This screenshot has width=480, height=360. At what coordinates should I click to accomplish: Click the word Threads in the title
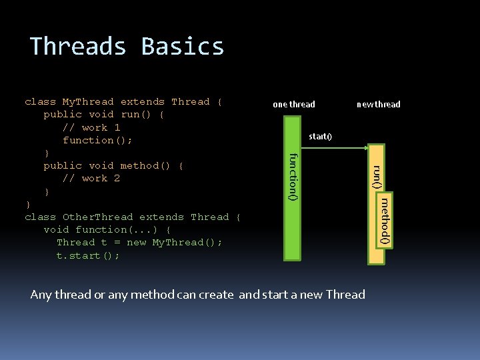(x=79, y=47)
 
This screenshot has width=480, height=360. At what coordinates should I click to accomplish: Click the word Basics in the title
(x=183, y=47)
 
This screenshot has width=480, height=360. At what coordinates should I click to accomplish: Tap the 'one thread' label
(x=293, y=104)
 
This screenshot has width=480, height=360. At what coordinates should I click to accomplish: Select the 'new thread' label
(x=379, y=104)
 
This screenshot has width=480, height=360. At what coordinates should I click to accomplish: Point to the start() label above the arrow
(x=320, y=137)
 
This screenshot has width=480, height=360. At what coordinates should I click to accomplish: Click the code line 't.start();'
(x=88, y=255)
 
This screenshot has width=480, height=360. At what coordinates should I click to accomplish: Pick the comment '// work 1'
(x=91, y=127)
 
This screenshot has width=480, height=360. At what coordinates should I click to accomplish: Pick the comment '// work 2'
(x=91, y=178)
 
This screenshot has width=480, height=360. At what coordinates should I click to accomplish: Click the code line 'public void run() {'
(x=104, y=115)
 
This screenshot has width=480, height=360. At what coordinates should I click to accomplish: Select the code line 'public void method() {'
(x=113, y=165)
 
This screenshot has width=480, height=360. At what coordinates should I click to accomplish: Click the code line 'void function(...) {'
(x=107, y=229)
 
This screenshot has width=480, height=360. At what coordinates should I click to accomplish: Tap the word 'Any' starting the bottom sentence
(x=41, y=295)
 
